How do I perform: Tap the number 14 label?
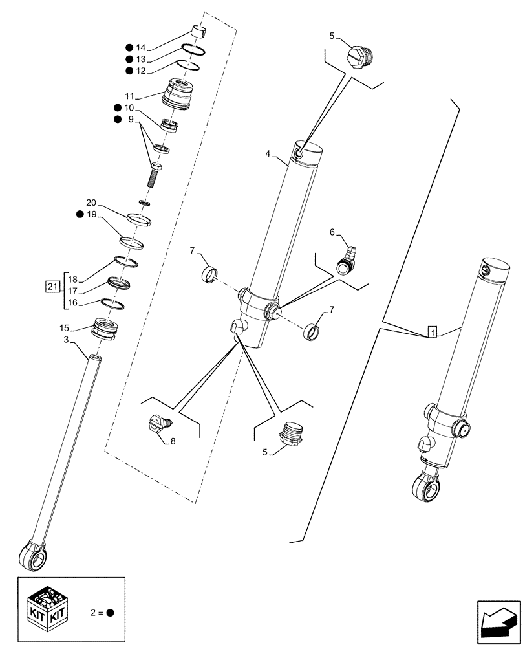tap(141, 48)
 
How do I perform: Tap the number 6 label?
tap(333, 231)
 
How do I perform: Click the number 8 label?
tap(173, 442)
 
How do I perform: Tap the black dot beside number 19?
tap(79, 214)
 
